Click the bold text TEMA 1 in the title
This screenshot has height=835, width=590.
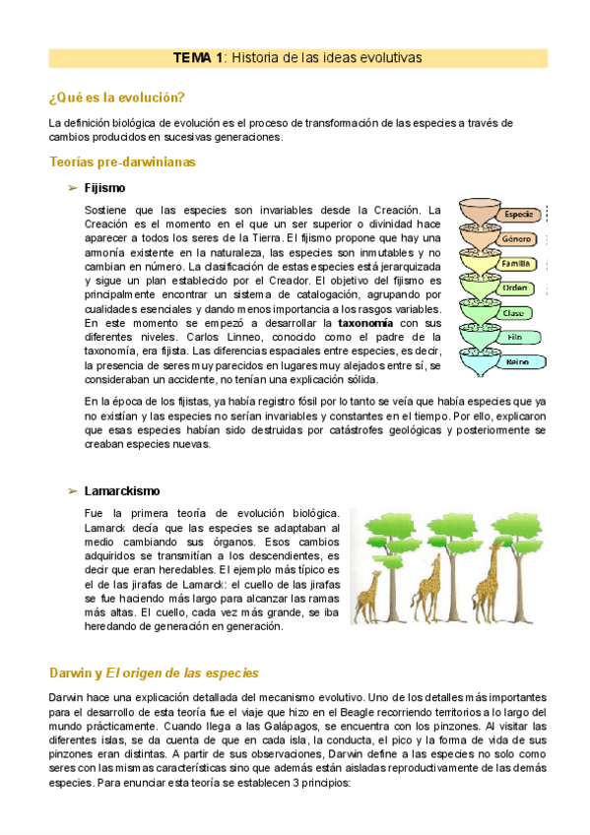(x=198, y=58)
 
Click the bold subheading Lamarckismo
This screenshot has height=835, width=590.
(x=123, y=490)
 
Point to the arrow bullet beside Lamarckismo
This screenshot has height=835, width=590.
(x=72, y=490)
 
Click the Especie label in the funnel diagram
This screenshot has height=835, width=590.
(x=518, y=214)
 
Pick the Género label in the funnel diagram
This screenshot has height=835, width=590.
(x=517, y=239)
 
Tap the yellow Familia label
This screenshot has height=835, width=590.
(x=516, y=264)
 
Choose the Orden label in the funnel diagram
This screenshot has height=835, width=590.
(x=516, y=289)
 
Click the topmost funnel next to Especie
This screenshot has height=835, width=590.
(x=469, y=214)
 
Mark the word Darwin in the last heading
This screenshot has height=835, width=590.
(x=70, y=673)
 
